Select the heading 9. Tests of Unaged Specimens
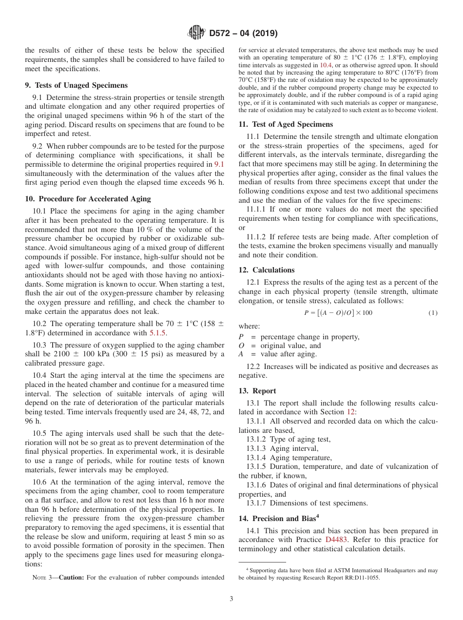tap(76, 85)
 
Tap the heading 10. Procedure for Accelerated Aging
tap(88, 198)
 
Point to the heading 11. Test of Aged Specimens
tap(286, 124)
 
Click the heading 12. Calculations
tap(267, 270)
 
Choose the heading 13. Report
tap(257, 391)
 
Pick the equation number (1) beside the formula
tap(433, 313)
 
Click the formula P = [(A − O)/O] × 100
tap(338, 313)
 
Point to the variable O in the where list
tap(241, 346)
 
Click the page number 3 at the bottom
tap(231, 599)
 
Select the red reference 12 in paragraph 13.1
tap(352, 412)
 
